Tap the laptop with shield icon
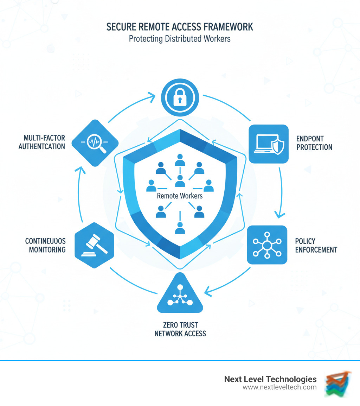coord(269,144)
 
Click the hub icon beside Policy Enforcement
coord(267,245)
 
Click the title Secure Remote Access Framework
coord(180,27)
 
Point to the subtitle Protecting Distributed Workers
coord(180,38)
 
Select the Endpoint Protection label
coord(314,142)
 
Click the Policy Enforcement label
coord(316,245)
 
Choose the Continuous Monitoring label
coord(45,245)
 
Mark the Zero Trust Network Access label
coord(180,329)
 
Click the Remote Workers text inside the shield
coord(180,196)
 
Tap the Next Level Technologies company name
coord(270,379)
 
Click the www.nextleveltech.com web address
coord(279,387)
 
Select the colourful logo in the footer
coord(338,383)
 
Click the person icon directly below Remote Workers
coord(180,228)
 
